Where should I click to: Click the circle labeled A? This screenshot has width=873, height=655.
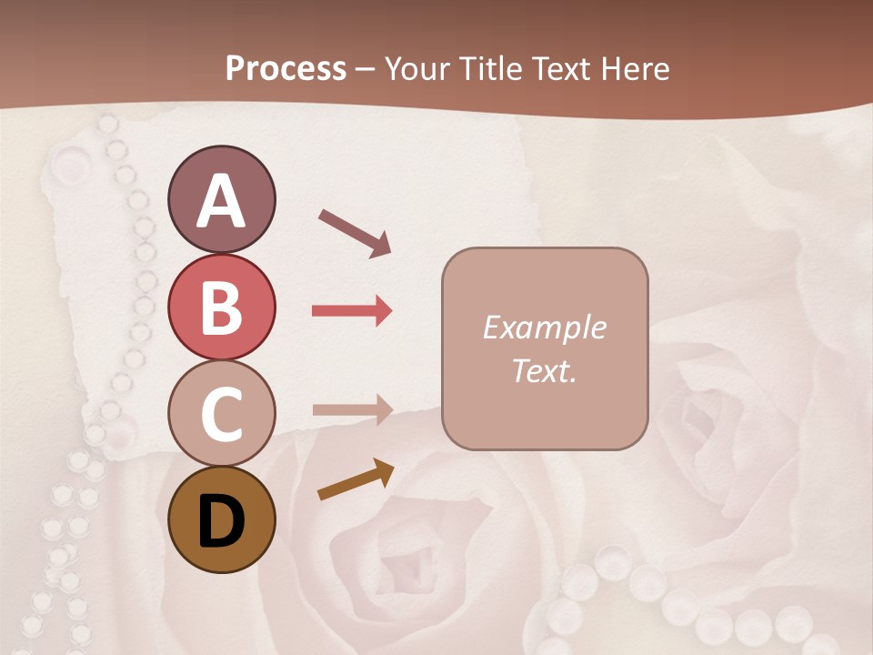(221, 199)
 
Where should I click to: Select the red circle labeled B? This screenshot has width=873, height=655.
(221, 307)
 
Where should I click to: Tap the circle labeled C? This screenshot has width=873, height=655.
(221, 413)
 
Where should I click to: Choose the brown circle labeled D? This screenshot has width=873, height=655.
(221, 519)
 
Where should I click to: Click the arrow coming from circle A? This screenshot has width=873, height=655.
(355, 232)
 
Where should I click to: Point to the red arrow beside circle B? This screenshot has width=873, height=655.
(352, 311)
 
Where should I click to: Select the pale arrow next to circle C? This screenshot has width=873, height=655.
(352, 410)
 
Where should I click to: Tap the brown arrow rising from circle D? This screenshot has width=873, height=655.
(356, 480)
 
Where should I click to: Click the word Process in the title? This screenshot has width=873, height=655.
(286, 68)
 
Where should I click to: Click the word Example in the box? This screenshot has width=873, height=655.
(544, 327)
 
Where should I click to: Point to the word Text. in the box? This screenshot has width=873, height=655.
(544, 370)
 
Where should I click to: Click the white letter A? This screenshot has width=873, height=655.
(221, 201)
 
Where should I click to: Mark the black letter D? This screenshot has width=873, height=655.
(221, 521)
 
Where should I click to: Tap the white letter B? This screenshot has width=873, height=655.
(221, 307)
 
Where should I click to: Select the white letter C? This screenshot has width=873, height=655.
(221, 414)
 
